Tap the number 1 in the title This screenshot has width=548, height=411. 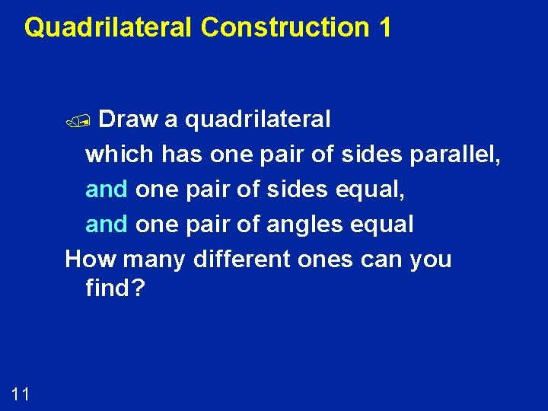pos(384,28)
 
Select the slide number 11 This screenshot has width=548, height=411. pos(21,393)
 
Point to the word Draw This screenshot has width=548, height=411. pos(129,119)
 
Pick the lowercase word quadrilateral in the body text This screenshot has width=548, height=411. pos(258,119)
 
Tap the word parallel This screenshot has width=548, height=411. pos(454,155)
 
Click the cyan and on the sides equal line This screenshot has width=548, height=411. pos(107,190)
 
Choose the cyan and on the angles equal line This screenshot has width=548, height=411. pos(107,225)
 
